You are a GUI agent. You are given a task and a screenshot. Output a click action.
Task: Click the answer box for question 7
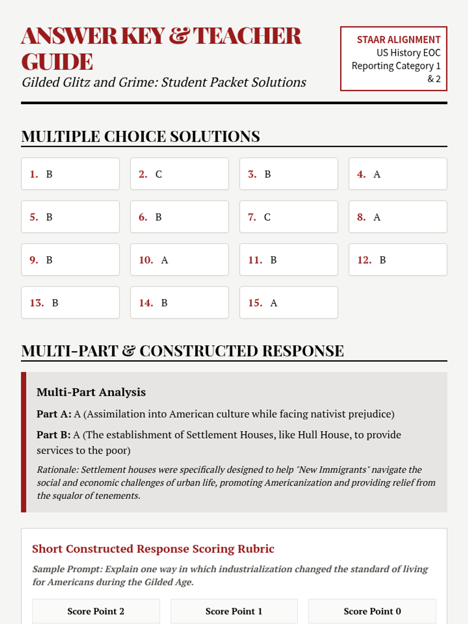click(289, 217)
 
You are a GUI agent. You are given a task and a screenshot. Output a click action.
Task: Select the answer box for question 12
click(398, 260)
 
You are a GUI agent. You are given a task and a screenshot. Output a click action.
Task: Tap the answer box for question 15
click(289, 303)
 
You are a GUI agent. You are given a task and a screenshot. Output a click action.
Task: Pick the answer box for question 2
click(179, 174)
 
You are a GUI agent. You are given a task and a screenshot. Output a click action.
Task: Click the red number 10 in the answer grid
click(146, 260)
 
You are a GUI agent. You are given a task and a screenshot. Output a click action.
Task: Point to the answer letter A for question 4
click(377, 174)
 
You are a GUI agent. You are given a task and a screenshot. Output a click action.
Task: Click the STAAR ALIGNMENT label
click(399, 40)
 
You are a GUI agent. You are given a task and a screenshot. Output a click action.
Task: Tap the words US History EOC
click(408, 53)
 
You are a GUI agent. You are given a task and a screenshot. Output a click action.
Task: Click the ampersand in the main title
click(179, 36)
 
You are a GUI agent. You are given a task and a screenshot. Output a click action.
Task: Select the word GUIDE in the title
click(57, 62)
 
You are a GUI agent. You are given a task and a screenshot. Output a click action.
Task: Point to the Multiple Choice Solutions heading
click(140, 136)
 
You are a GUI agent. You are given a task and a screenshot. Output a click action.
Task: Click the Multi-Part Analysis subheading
click(91, 392)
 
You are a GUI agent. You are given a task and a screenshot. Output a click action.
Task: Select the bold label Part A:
click(54, 414)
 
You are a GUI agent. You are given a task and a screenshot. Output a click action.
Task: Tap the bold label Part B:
click(53, 435)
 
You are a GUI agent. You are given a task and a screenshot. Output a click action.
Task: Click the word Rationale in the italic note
click(57, 470)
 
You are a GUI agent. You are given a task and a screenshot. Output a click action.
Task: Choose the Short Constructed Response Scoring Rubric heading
click(153, 549)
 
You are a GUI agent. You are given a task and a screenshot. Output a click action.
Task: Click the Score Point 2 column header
click(96, 611)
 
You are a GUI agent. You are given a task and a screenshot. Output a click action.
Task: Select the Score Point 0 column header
click(372, 611)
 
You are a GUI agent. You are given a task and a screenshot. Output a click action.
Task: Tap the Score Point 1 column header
click(234, 611)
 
